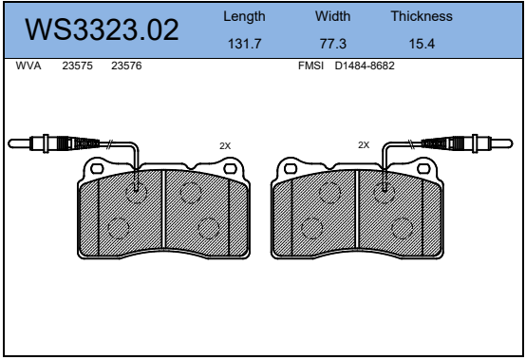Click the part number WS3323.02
[102, 29]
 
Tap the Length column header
[244, 17]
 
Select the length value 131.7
[244, 44]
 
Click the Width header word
[332, 16]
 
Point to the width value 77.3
[332, 44]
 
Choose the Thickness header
[422, 16]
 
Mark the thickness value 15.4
[422, 44]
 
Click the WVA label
[28, 66]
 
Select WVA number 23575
[77, 66]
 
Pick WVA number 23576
[126, 66]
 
